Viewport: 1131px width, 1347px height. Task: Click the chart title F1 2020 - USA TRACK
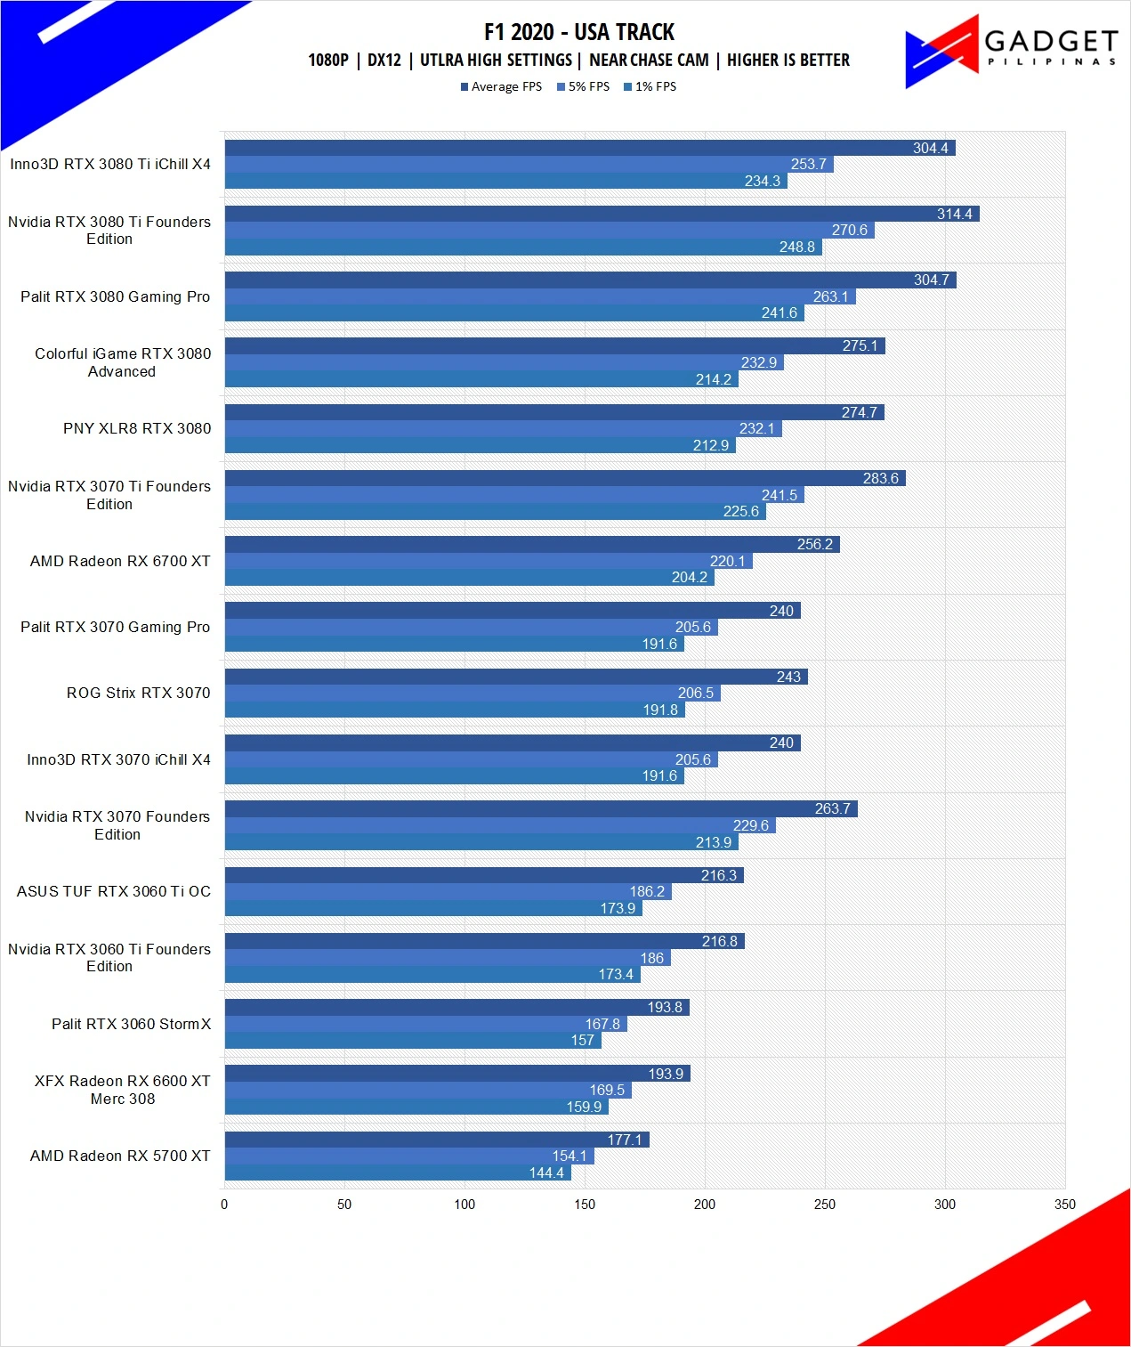point(579,32)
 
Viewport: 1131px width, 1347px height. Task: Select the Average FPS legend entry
point(501,86)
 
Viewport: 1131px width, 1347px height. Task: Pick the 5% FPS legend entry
point(583,86)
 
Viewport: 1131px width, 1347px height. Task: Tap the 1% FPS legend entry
point(650,86)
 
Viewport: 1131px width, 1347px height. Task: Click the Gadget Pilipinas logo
point(1011,51)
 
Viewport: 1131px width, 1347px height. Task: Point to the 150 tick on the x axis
point(585,1205)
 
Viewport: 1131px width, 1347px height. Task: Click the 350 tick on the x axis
point(1065,1205)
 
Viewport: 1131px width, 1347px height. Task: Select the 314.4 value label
point(954,214)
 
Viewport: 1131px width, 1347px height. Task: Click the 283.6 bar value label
point(881,478)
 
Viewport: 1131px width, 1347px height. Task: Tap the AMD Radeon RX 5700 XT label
point(120,1156)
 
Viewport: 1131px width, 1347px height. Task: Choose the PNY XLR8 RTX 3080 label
point(137,428)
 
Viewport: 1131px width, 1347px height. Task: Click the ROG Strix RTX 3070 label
point(138,693)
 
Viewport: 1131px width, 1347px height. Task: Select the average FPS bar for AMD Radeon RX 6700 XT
point(532,544)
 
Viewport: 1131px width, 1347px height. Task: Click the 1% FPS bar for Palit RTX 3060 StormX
point(413,1040)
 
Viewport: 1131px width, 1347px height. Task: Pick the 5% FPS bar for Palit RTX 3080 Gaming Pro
point(540,296)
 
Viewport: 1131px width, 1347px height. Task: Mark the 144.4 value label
point(546,1173)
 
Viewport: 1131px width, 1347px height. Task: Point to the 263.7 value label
point(832,808)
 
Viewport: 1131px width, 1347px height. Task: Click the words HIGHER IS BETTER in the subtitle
point(788,60)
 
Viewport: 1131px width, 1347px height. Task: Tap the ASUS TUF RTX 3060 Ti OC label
point(114,891)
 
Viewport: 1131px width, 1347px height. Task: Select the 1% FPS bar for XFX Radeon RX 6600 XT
point(416,1107)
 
